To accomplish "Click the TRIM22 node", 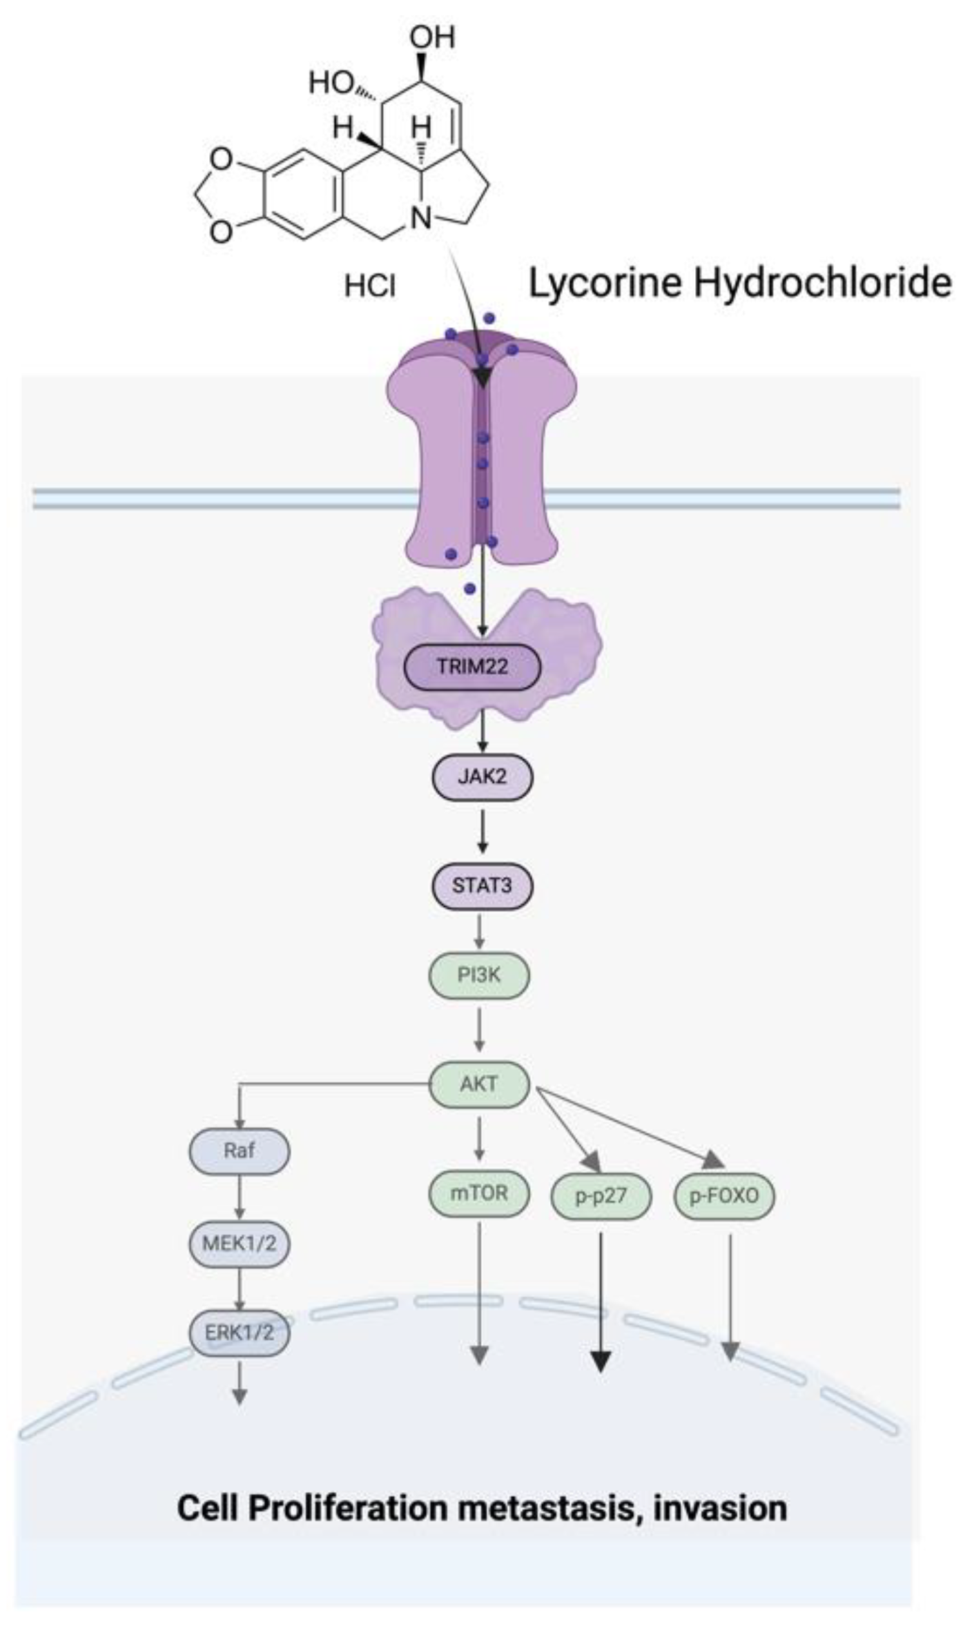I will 472,667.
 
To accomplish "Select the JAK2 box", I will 482,776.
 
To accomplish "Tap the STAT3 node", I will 482,885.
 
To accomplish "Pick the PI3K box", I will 479,975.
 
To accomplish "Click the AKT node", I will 479,1084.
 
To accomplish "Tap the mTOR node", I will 479,1193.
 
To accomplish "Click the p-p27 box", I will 601,1196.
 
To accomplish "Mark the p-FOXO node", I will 724,1196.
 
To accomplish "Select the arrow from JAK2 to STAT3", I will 483,831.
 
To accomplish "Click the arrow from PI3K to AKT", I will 479,1029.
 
